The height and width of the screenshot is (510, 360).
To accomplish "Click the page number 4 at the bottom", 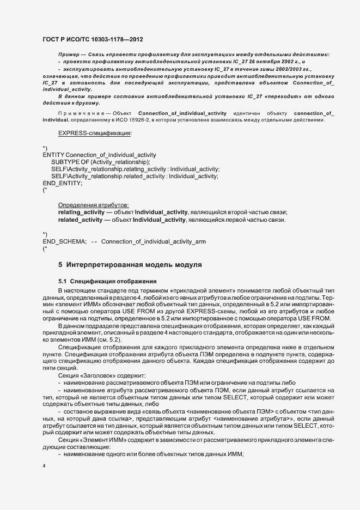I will coord(44,467).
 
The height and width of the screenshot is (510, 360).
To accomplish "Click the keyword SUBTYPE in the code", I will coord(64,162).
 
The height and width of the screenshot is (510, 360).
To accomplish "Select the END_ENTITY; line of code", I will coord(63,183).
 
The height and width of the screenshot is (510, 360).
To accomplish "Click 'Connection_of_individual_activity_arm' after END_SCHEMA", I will coord(154,241).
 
